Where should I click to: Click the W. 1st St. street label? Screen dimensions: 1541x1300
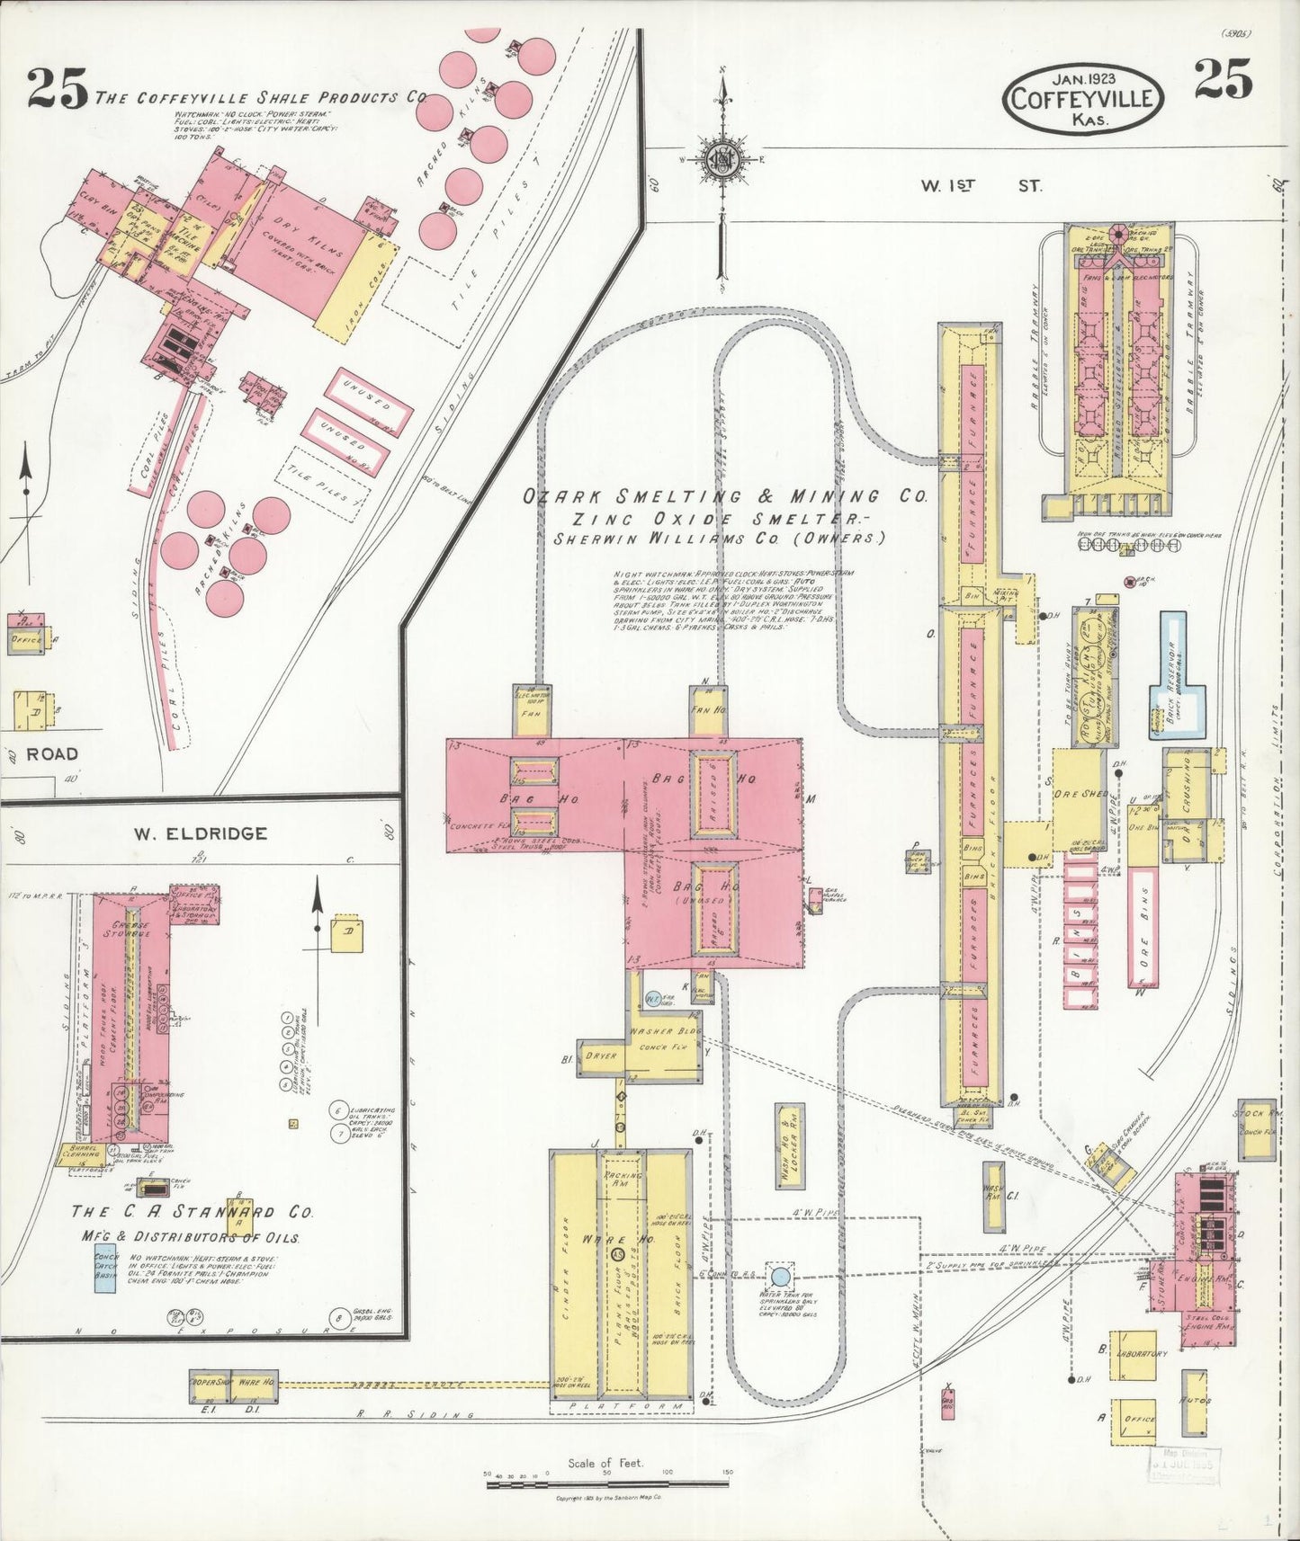pos(981,186)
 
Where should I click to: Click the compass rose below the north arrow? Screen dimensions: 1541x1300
pos(722,160)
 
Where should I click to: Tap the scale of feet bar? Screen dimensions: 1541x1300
pos(607,1483)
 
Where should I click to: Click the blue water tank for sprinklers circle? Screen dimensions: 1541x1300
pos(781,1276)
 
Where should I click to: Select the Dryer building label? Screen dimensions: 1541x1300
pos(601,1056)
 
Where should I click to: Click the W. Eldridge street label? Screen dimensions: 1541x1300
pos(201,833)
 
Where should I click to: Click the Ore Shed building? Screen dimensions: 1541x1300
pos(1077,794)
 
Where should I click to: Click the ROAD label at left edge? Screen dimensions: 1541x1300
pos(51,753)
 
